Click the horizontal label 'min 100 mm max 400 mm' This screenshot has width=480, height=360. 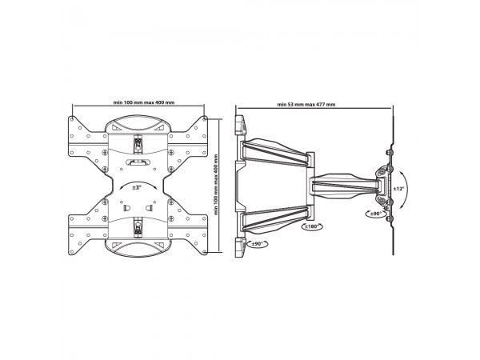144,102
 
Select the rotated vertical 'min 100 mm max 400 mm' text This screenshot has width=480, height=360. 216,185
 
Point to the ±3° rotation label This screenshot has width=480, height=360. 137,187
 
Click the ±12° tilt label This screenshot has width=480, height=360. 398,189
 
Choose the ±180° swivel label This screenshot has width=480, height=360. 312,226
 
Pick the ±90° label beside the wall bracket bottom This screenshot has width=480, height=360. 257,244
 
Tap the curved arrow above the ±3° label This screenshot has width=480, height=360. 138,182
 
